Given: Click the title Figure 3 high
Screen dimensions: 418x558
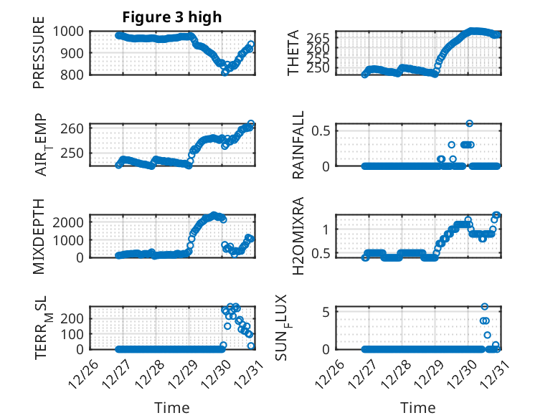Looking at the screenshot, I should click(x=171, y=16).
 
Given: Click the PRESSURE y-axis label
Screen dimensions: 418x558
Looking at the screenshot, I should click(x=39, y=57).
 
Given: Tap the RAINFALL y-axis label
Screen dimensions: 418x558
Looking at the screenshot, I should click(x=298, y=145).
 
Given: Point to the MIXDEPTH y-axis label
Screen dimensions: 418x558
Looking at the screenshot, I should click(x=39, y=235).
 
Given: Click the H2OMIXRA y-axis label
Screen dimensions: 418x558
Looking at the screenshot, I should click(x=298, y=235).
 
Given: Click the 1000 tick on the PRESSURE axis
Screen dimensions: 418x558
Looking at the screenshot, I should click(x=71, y=32).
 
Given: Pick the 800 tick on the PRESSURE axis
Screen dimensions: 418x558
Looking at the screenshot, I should click(x=75, y=75).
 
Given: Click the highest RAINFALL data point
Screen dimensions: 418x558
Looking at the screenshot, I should click(x=470, y=123).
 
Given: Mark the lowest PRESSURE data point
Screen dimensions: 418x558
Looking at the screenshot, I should click(x=225, y=72).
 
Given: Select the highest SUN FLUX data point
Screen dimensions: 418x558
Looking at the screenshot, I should click(x=485, y=307).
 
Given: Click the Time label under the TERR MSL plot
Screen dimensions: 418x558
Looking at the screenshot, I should click(x=172, y=408).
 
